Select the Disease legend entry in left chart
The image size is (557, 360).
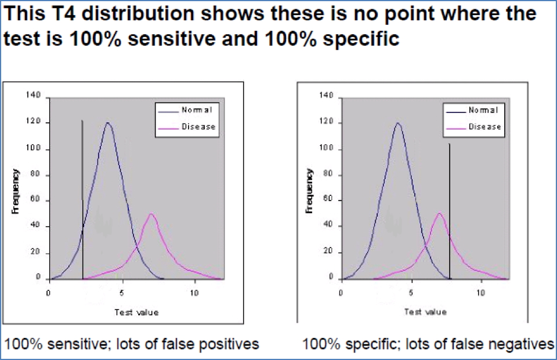[x=198, y=126]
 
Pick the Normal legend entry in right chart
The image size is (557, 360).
[x=483, y=110]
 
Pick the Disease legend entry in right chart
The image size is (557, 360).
[x=485, y=126]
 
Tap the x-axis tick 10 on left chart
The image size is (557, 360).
[x=194, y=293]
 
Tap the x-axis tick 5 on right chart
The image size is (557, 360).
[x=411, y=293]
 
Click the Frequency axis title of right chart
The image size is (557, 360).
[x=310, y=191]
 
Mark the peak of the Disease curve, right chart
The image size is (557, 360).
[x=439, y=213]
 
